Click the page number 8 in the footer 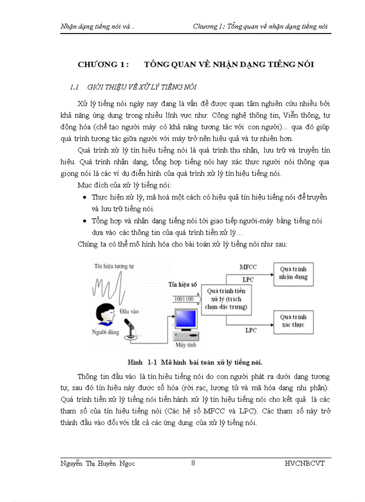(x=193, y=463)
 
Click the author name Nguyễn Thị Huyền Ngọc (x=98, y=464)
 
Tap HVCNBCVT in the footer (x=304, y=464)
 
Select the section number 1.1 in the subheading (x=74, y=87)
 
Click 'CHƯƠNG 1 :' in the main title (x=103, y=64)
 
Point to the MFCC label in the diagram (x=248, y=267)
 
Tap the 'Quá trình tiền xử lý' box (x=226, y=299)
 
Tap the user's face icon (x=106, y=314)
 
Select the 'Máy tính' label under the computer (x=185, y=345)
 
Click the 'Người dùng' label (x=105, y=332)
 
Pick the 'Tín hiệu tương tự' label (x=114, y=266)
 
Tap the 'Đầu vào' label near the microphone (x=128, y=310)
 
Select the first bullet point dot (x=85, y=197)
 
